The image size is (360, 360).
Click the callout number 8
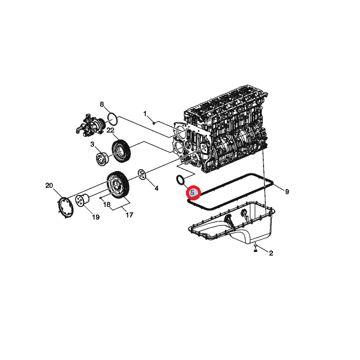click(x=102, y=104)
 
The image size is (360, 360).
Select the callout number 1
click(x=145, y=113)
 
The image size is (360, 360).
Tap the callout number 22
click(x=110, y=130)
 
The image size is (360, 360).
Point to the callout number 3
click(x=92, y=145)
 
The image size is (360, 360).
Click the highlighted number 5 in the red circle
click(x=193, y=193)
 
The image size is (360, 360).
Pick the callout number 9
click(x=287, y=191)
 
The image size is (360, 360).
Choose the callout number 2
click(x=271, y=253)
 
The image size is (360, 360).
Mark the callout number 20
click(x=49, y=185)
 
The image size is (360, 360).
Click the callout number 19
click(x=96, y=217)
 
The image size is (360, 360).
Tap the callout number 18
click(x=107, y=205)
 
